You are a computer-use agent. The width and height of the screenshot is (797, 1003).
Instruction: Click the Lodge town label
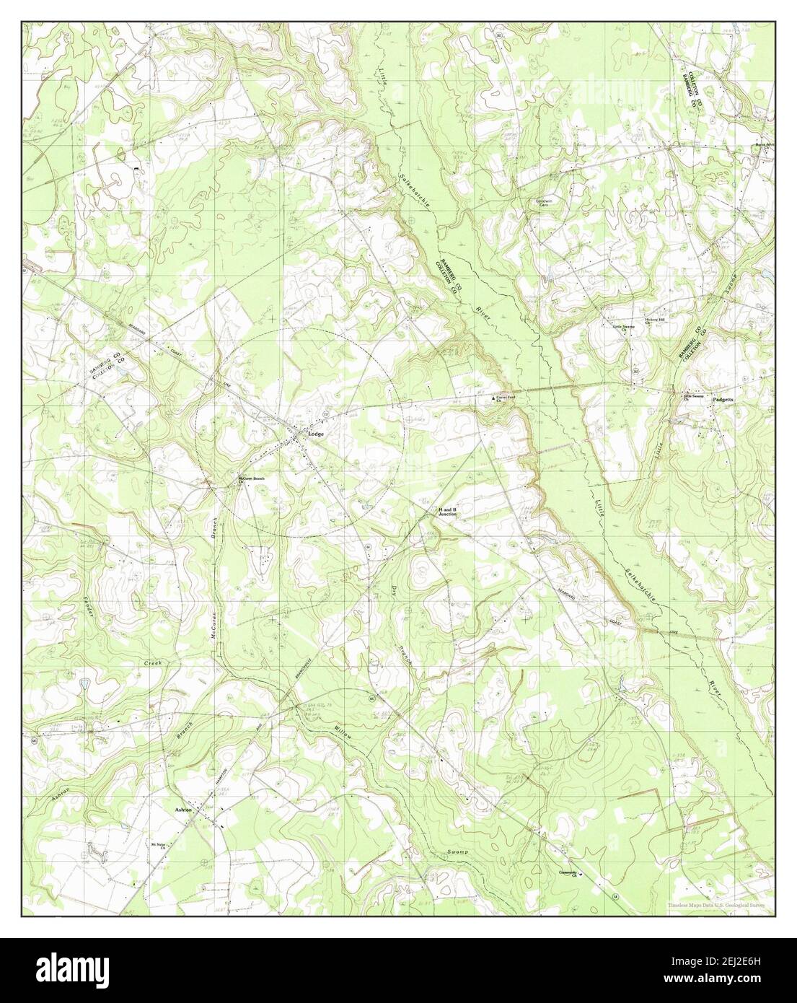pyautogui.click(x=317, y=434)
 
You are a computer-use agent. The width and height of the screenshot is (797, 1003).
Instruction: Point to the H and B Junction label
pyautogui.click(x=447, y=512)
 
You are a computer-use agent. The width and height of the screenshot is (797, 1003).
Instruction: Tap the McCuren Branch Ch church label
pyautogui.click(x=252, y=481)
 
